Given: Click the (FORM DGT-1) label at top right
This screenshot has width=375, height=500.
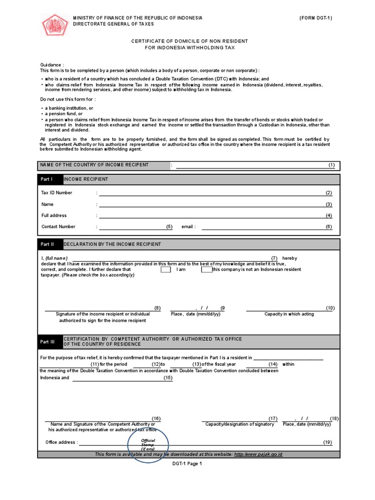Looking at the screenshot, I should (316, 18).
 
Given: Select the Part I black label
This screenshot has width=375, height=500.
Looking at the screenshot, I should (50, 179).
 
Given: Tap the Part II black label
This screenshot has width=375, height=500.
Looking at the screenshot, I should (50, 244).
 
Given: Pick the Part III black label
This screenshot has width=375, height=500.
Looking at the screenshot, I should (50, 342).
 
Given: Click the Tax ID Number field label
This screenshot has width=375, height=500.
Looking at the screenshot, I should (57, 193).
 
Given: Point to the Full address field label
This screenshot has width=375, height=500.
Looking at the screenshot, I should (54, 215).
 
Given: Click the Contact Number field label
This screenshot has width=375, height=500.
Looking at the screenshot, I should (59, 227).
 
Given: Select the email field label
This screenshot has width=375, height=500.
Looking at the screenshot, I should (188, 227).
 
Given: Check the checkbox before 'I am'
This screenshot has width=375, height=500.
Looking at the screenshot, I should (166, 269).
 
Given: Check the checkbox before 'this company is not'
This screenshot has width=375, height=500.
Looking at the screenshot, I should (207, 269).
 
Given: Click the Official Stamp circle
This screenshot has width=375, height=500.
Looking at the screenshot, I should (148, 444).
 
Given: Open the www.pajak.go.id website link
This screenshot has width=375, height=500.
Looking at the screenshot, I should (258, 455).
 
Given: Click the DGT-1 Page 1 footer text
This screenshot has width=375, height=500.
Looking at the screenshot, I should (187, 464).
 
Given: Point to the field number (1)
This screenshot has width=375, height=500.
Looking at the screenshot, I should (332, 165).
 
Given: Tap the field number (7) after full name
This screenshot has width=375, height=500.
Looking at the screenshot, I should (274, 258).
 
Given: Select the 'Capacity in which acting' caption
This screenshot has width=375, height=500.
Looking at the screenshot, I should (289, 314).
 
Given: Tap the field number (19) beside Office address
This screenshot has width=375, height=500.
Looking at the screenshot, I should (327, 442).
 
